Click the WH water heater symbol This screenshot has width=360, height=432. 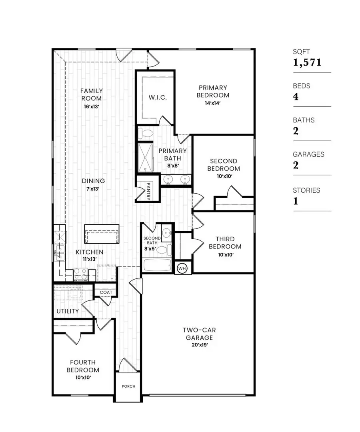point(182,268)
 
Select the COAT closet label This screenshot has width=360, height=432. point(106,292)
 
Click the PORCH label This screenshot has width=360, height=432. point(128,386)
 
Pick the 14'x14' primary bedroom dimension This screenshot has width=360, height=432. point(214,102)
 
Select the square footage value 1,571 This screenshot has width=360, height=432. point(307,62)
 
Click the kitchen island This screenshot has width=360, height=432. point(102,233)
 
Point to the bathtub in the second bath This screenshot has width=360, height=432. point(158,265)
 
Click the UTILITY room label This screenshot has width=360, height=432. point(67,311)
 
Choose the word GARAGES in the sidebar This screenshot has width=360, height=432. point(308,154)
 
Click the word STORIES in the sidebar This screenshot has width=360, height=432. point(306,190)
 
